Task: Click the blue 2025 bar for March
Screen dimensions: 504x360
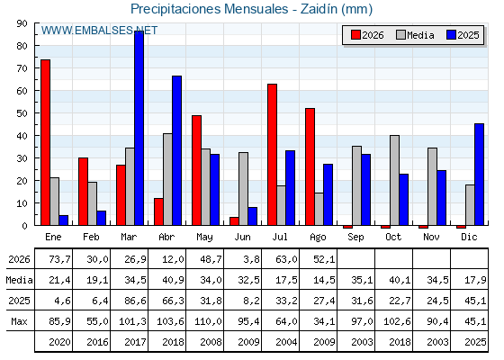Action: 139,128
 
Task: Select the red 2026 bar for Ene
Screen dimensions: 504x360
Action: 45,142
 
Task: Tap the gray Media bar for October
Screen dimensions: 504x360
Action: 395,180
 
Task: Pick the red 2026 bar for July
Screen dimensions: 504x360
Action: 272,155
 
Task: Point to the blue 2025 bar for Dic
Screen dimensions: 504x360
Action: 479,175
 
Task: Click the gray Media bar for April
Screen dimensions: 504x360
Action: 167,179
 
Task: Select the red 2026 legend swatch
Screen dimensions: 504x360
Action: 355,35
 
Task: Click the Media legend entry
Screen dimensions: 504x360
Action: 415,35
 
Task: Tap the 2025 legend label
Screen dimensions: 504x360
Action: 468,35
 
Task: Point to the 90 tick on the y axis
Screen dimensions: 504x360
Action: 23,23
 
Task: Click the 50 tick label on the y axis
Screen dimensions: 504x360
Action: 22,113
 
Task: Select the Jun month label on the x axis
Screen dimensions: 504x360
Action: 242,238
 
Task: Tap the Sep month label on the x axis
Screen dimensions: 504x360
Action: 355,238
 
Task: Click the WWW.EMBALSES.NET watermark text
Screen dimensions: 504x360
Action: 99,31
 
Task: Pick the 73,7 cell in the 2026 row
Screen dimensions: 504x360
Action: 60,259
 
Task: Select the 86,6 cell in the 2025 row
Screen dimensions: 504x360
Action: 136,301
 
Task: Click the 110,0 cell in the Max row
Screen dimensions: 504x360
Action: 208,321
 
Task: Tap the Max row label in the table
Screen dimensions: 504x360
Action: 19,321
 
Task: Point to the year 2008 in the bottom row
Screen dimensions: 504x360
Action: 211,342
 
